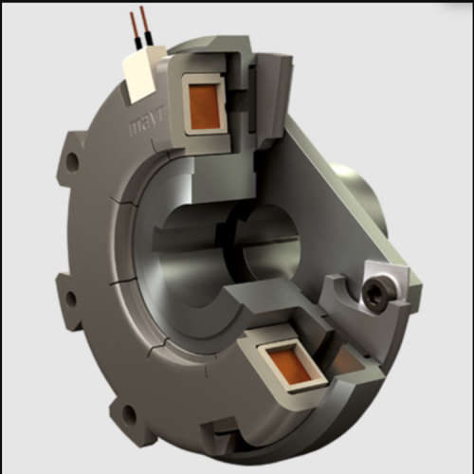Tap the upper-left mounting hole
pyautogui.click(x=73, y=161)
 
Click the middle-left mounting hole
pyautogui.click(x=69, y=299)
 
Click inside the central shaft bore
pyautogui.click(x=261, y=242)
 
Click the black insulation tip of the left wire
pyautogui.click(x=137, y=39)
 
